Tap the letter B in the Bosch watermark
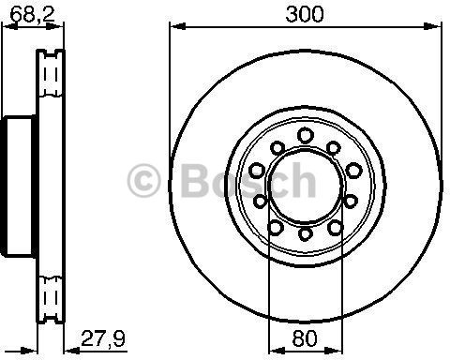(x=189, y=180)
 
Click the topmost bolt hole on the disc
(x=306, y=136)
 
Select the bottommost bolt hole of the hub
(x=306, y=232)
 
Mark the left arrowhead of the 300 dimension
(x=173, y=30)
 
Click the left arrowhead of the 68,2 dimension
(x=7, y=30)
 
